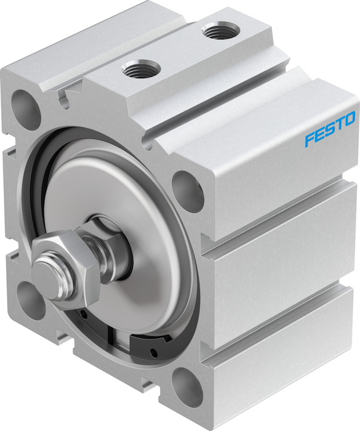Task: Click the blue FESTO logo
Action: point(329,128)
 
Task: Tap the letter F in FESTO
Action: point(310,138)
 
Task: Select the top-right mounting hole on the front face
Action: point(188,188)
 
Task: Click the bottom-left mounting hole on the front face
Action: point(30,299)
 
